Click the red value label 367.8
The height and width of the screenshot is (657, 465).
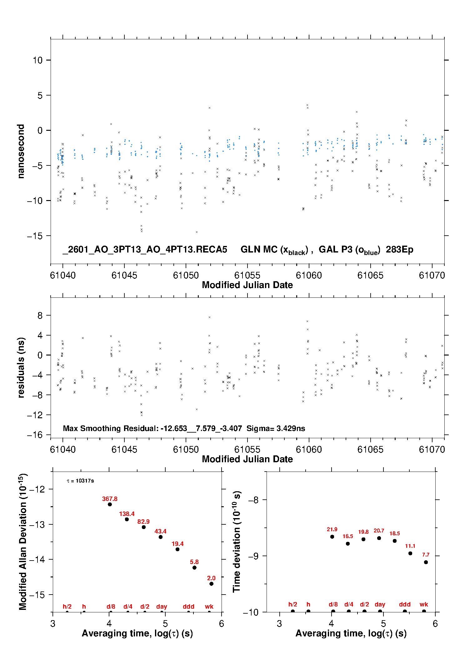point(110,499)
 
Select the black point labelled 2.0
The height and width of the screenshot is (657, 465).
point(212,584)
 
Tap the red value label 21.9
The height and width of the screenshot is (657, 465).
point(332,529)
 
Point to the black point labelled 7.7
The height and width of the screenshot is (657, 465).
point(426,562)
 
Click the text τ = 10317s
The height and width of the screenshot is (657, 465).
point(80,481)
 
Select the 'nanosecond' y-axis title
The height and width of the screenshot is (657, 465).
point(21,151)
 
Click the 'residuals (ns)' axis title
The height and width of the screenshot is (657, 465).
point(21,367)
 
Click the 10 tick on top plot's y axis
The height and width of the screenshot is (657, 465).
point(38,60)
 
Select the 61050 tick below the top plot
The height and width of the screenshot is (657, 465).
point(186,275)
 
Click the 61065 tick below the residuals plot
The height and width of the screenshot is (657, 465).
point(370,449)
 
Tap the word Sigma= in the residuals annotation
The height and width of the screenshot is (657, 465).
point(257,428)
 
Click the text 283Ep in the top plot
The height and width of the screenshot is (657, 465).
point(399,250)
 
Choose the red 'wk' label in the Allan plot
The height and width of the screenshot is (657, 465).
point(209,606)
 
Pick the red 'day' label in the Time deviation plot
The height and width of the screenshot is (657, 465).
point(380,604)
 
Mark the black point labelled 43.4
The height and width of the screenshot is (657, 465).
point(161,537)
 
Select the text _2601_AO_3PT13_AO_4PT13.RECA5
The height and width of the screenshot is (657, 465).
point(145,250)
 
